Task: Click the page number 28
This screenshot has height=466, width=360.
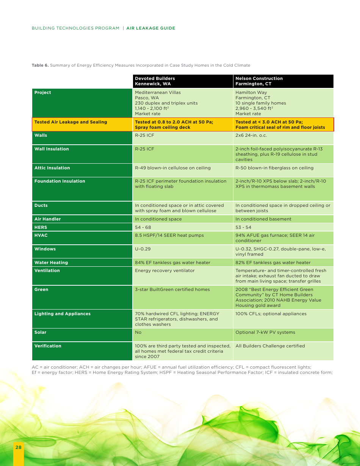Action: [18, 447]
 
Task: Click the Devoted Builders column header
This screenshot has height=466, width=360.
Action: [155, 81]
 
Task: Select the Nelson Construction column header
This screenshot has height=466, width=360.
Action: [259, 81]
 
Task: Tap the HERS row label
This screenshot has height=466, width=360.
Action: [41, 227]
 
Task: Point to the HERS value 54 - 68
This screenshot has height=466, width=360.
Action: [143, 227]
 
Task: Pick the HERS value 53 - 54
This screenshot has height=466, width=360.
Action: [243, 227]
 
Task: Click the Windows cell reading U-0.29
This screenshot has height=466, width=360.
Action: [142, 249]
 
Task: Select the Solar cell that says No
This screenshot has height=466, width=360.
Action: [138, 332]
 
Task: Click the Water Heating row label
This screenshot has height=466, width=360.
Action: [51, 263]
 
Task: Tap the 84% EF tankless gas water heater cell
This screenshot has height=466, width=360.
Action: [172, 263]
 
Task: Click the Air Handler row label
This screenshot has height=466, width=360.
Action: [47, 219]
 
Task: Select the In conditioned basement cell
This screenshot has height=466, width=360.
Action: [263, 219]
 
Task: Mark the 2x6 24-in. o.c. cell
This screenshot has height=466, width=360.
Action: [251, 135]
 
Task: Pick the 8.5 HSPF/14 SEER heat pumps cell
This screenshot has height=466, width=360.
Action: [169, 235]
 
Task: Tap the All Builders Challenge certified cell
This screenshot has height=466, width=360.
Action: [270, 346]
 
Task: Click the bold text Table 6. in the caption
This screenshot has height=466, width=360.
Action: [40, 65]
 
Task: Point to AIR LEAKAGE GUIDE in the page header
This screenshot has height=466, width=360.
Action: [151, 28]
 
